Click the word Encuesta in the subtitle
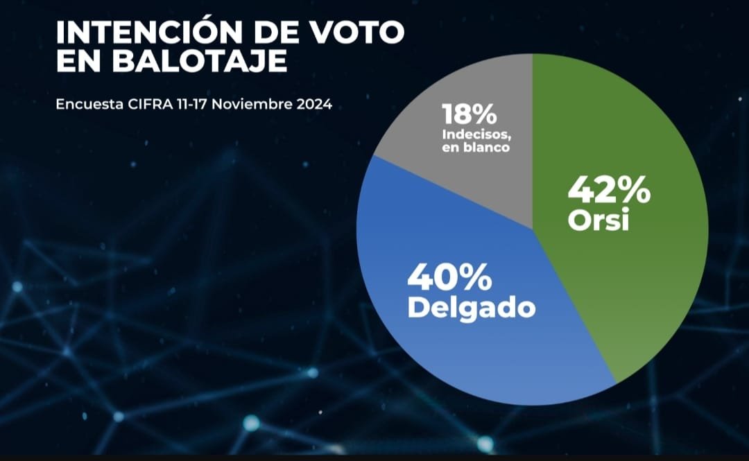(84, 105)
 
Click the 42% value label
(609, 190)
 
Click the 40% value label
(450, 277)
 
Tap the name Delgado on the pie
(471, 307)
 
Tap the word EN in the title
(82, 60)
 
